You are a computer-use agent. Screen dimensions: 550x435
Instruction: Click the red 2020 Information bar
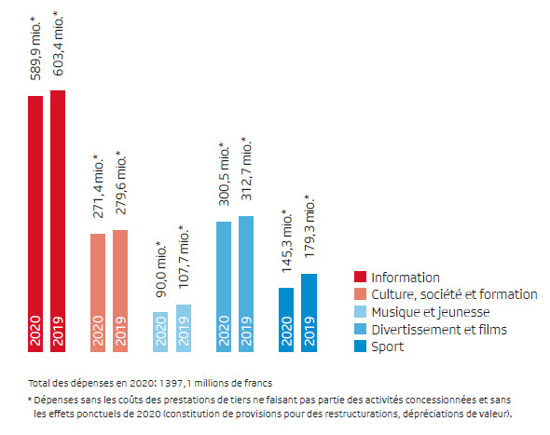coord(35,224)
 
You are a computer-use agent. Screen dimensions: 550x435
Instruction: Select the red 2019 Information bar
coord(58,221)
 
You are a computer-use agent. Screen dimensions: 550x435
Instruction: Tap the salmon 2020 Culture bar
coord(98,292)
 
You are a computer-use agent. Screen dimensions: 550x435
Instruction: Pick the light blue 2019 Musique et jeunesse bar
coord(184,328)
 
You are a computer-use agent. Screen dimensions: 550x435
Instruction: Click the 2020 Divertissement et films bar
coord(224,287)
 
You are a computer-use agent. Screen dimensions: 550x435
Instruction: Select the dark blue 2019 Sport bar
coord(309,313)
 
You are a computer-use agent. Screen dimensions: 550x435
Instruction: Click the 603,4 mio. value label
coord(58,44)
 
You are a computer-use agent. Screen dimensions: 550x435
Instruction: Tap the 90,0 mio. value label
coord(161,269)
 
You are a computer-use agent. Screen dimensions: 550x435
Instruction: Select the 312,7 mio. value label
coord(247,169)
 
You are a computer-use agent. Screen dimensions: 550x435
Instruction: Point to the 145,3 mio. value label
coord(287,241)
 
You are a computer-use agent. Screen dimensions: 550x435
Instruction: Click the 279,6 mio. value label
coord(120,183)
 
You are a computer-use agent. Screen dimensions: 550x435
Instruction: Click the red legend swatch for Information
coord(360,277)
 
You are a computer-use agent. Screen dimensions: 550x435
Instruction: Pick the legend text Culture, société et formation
coord(454,294)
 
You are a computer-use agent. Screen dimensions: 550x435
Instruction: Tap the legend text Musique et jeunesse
coord(431,312)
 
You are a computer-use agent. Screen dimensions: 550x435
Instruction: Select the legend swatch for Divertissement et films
coord(360,329)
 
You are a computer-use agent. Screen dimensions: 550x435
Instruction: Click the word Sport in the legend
coord(388,347)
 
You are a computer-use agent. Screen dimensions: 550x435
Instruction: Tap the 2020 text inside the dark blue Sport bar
coord(287,331)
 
